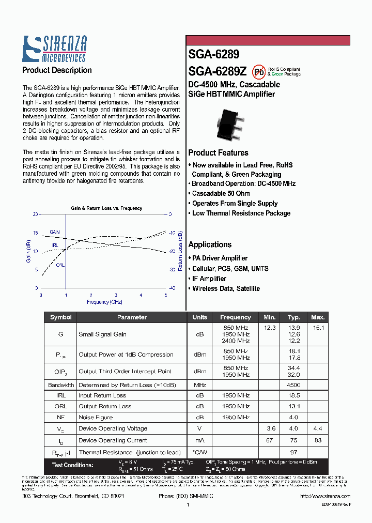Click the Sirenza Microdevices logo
(x=54, y=49)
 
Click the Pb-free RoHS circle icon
(x=258, y=71)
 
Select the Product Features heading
(x=218, y=153)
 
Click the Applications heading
(x=210, y=244)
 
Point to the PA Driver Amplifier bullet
(x=220, y=258)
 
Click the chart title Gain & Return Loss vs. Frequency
(x=106, y=208)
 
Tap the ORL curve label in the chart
(x=60, y=265)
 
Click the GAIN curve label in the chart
(x=55, y=232)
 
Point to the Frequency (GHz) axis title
(x=104, y=302)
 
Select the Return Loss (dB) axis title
(x=180, y=251)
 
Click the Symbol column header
(x=60, y=317)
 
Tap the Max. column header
(x=318, y=317)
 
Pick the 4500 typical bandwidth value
(x=293, y=385)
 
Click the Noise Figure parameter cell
(x=95, y=417)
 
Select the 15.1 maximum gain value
(x=318, y=328)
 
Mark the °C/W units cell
(x=199, y=452)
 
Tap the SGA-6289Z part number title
(x=217, y=71)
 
